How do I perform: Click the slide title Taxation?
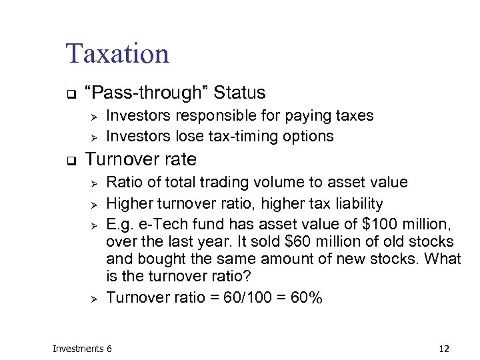[x=117, y=53]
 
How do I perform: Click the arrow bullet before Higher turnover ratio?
[x=95, y=203]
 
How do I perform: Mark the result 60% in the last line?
[x=307, y=297]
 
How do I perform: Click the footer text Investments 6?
[x=82, y=349]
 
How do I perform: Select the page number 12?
[x=445, y=349]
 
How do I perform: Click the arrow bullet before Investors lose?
[x=95, y=137]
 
